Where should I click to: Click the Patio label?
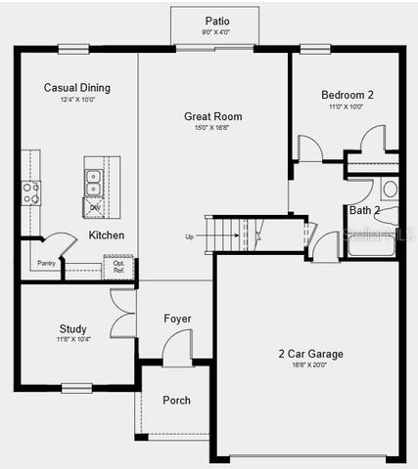click(x=216, y=21)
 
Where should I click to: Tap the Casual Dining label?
click(x=77, y=88)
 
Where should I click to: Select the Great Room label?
click(x=212, y=116)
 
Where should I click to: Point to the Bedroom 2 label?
click(x=348, y=95)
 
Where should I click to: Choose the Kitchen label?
click(x=107, y=235)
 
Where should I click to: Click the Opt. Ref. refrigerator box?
click(x=118, y=267)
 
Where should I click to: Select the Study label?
click(x=72, y=328)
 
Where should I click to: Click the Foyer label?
click(x=177, y=319)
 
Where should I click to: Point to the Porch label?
click(x=176, y=400)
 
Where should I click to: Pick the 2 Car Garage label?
click(x=310, y=354)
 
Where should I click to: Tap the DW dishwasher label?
click(x=95, y=207)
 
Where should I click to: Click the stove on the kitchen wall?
click(x=31, y=192)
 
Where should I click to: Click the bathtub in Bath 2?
click(x=371, y=244)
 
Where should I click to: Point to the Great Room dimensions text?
click(x=212, y=128)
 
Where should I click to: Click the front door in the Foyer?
click(x=177, y=349)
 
